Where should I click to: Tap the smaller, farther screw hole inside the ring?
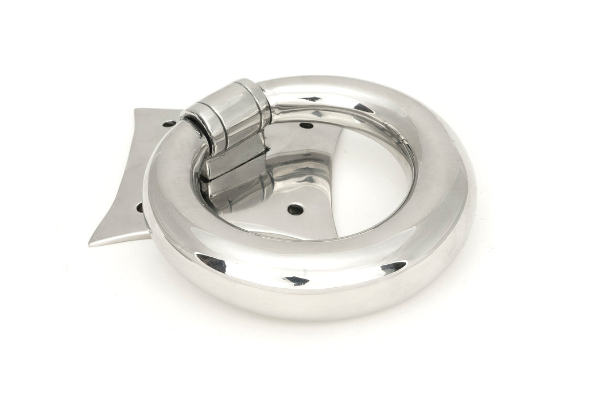click(307, 125)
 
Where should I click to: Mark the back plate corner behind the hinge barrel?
click(135, 109)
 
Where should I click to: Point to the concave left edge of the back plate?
click(118, 172)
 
